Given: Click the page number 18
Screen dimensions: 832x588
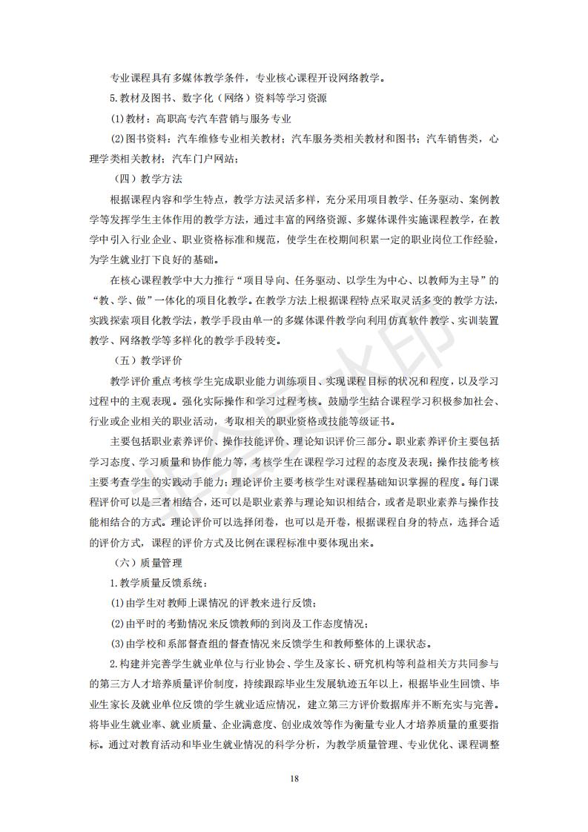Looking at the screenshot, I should click(x=294, y=778).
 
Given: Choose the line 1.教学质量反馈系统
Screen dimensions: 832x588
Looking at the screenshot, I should click(x=159, y=582).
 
